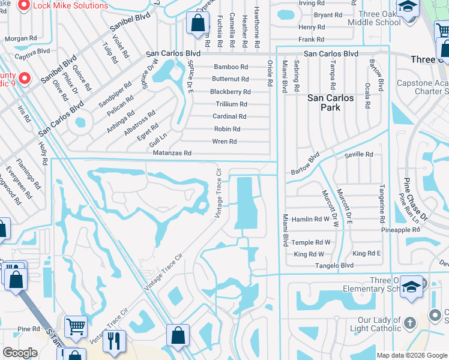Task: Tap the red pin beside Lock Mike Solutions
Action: [x=24, y=6]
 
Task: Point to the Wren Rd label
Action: [x=224, y=142]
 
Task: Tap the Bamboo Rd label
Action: [x=231, y=67]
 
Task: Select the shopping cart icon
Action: [x=76, y=327]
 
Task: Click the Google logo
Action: [x=20, y=353]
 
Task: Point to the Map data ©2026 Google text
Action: [x=411, y=355]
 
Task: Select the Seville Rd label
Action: [x=358, y=154]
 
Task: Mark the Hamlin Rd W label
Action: [x=310, y=220]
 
